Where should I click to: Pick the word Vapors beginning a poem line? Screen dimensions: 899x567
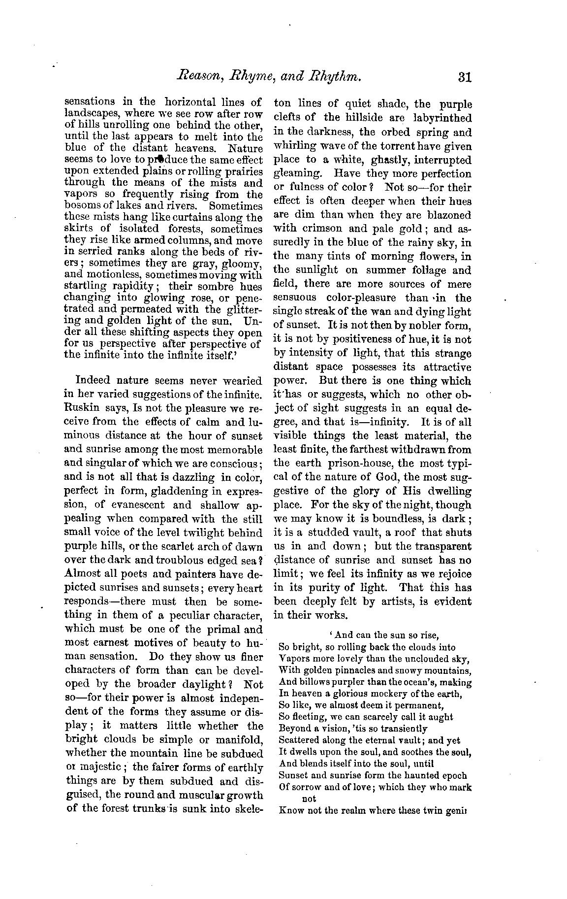pos(293,659)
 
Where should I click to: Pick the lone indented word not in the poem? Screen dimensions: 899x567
pos(309,799)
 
